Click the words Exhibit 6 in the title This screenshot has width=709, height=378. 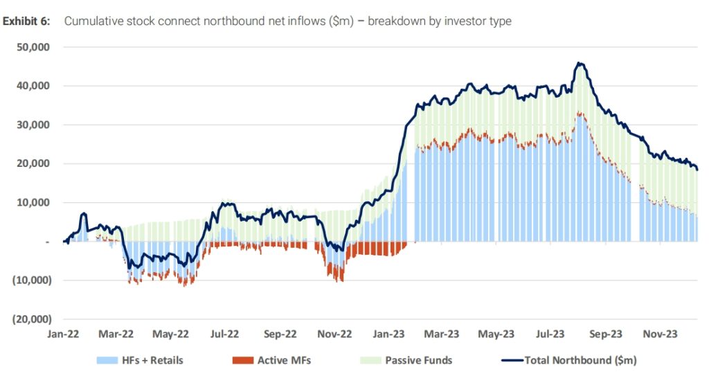(x=26, y=21)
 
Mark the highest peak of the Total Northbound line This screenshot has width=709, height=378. (x=580, y=64)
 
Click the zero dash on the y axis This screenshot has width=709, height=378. (x=47, y=242)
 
